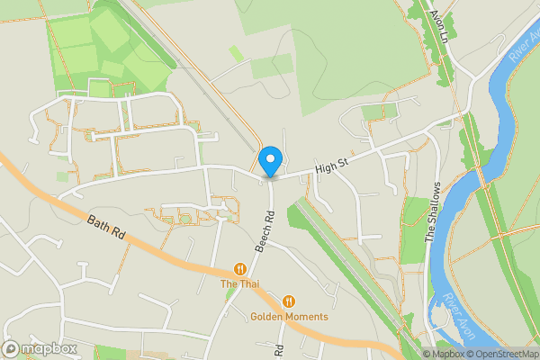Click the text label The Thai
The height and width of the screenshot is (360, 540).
click(240, 285)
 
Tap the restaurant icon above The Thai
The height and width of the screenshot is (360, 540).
click(240, 268)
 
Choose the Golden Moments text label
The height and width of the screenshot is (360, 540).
click(289, 317)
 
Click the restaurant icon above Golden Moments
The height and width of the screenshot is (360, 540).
click(289, 301)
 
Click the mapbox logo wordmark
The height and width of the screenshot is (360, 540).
click(44, 348)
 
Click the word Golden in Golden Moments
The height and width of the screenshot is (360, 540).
click(267, 317)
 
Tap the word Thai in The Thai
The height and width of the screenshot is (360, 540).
click(249, 285)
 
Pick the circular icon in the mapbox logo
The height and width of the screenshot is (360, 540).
click(12, 348)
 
